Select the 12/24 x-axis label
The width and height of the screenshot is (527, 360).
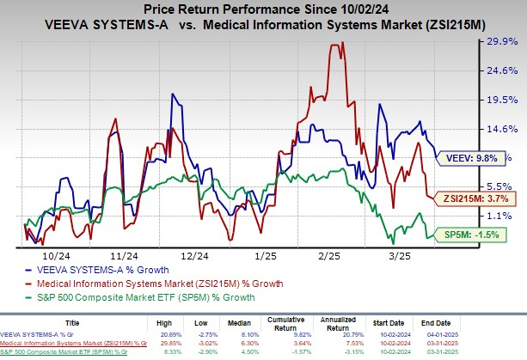pos(195,256)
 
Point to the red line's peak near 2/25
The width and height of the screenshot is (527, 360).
pos(334,44)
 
